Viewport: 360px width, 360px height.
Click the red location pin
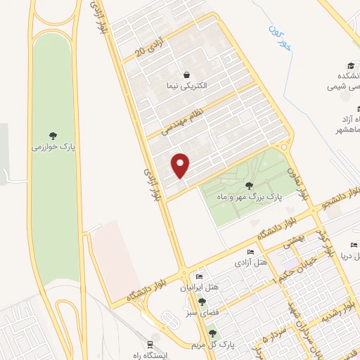pos(181,165)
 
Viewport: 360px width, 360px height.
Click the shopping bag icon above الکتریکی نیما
pos(186,75)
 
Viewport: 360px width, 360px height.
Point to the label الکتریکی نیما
pos(186,86)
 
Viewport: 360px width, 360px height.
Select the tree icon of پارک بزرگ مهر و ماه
pos(249,186)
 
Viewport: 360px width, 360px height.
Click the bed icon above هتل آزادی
pos(251,252)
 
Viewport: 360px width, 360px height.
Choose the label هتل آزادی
pos(251,263)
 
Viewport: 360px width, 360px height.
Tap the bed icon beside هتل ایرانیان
pos(199,276)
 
